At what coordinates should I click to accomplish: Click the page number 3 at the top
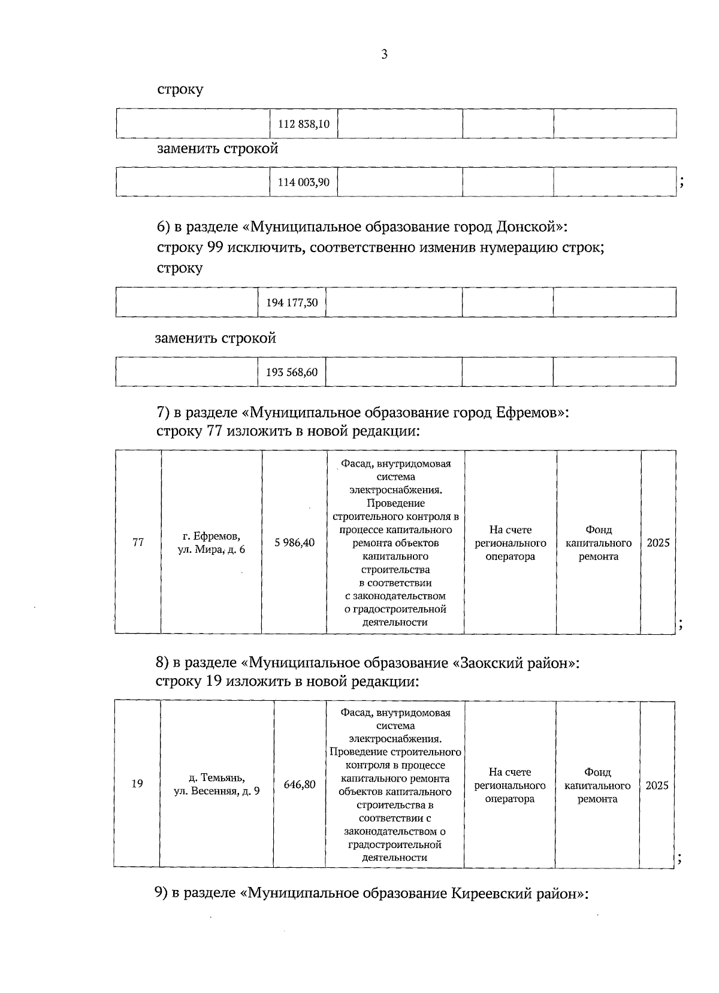click(384, 55)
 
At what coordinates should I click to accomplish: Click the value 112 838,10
click(304, 125)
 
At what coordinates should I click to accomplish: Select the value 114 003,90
click(304, 182)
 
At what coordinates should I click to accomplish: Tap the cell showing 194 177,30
click(292, 302)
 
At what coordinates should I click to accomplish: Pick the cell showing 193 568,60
click(292, 372)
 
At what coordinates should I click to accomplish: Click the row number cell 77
click(138, 543)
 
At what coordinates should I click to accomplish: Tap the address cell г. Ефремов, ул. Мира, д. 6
click(212, 543)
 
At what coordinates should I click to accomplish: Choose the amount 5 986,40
click(294, 543)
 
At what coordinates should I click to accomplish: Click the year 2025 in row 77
click(658, 543)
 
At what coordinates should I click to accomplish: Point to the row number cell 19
click(137, 784)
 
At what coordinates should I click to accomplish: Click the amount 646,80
click(300, 785)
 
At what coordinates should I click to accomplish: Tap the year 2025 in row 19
click(657, 785)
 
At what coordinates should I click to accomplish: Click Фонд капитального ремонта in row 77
click(599, 543)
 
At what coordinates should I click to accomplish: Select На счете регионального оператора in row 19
click(510, 785)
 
